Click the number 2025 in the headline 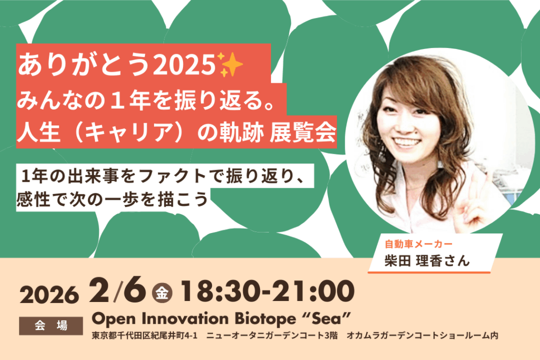pyautogui.click(x=184, y=65)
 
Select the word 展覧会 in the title pyautogui.click(x=303, y=132)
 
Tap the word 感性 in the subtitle pyautogui.click(x=33, y=199)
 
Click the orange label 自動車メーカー pyautogui.click(x=418, y=244)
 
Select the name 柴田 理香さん pyautogui.click(x=427, y=260)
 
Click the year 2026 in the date pyautogui.click(x=49, y=295)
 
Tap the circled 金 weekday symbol pyautogui.click(x=162, y=293)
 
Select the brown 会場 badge pyautogui.click(x=51, y=326)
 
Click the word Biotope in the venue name pyautogui.click(x=265, y=319)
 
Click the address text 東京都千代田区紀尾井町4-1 pyautogui.click(x=144, y=335)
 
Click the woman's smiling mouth pyautogui.click(x=408, y=142)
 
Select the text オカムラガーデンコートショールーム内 pyautogui.click(x=422, y=335)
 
